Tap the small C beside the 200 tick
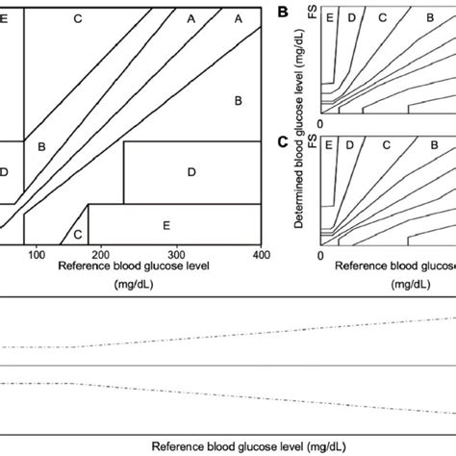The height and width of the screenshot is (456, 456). [x=76, y=234]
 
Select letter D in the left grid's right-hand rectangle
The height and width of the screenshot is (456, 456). [x=190, y=170]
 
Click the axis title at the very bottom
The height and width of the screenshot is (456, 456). [x=228, y=446]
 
